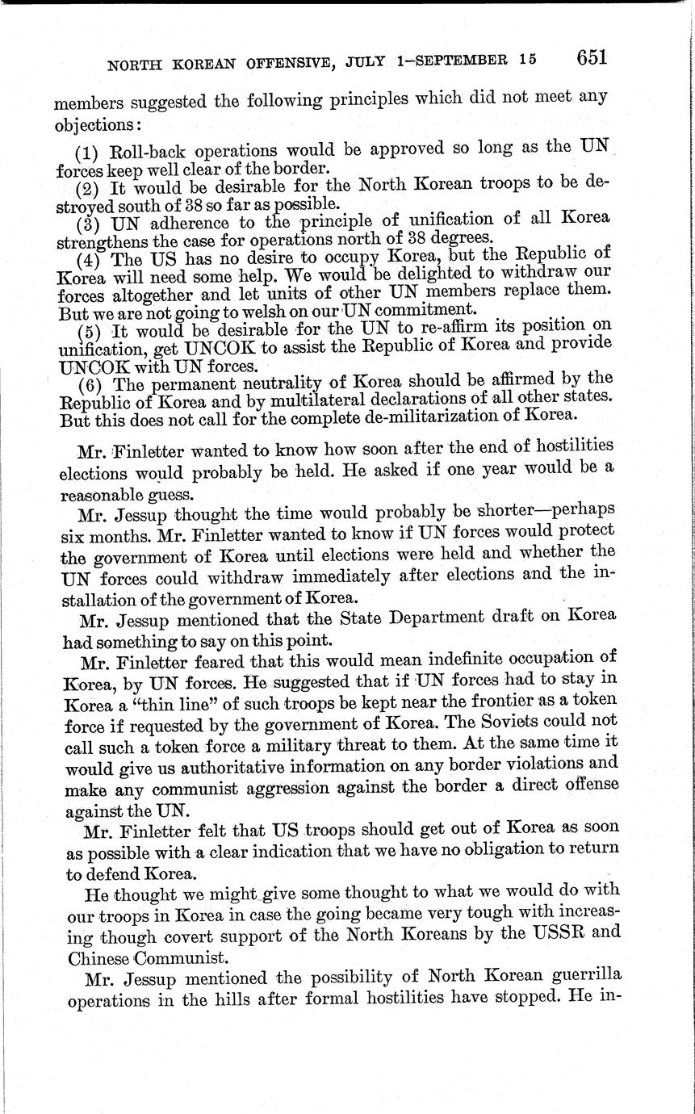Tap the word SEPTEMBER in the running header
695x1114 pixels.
pyautogui.click(x=460, y=60)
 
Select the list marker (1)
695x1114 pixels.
pyautogui.click(x=86, y=151)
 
